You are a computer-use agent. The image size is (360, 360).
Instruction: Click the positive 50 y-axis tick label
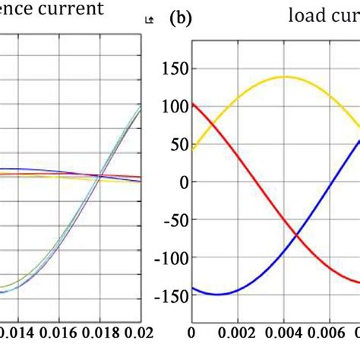click(x=175, y=144)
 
